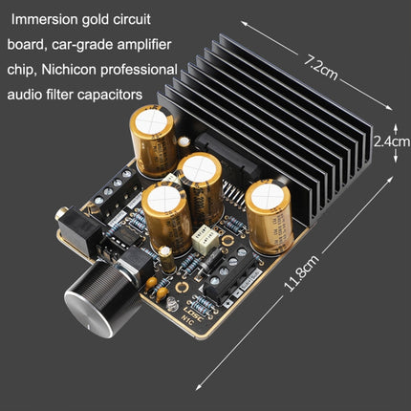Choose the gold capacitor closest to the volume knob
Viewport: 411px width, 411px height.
pyautogui.click(x=163, y=218)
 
